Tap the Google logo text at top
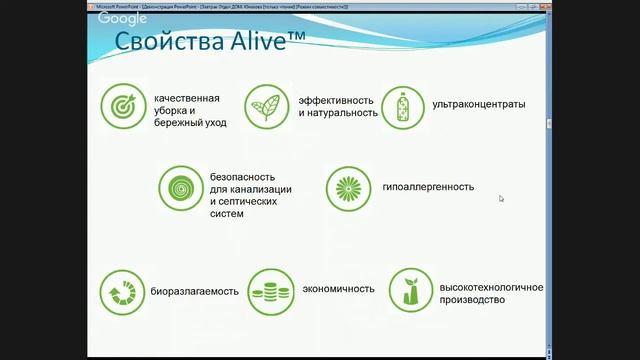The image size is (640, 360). pos(123,17)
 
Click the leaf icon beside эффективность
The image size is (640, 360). pos(266,106)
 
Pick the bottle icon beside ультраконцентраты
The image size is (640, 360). pos(403,105)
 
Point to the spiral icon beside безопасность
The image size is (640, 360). pos(180,187)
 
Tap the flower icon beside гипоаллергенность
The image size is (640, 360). pos(348,187)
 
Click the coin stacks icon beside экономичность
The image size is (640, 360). pos(266,290)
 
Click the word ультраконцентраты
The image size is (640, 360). pos(479,104)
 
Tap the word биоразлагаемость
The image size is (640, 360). pos(195,292)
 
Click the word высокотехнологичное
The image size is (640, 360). pos(491,287)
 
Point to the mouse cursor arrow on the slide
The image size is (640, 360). pos(501,198)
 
